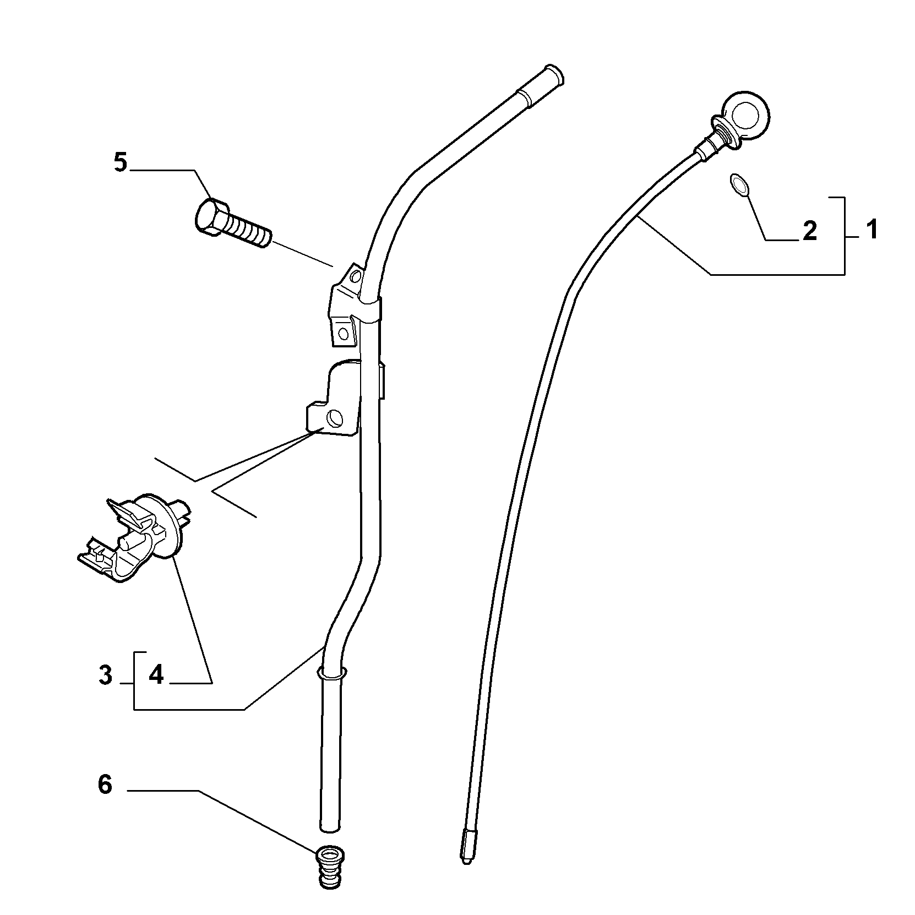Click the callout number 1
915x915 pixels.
872,230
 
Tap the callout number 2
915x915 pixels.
810,232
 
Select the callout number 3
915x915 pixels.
106,675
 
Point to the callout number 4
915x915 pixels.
156,675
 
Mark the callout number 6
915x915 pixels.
105,785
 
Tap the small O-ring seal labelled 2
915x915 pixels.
739,184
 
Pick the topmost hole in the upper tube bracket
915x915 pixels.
355,275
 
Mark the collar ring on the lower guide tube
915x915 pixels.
331,673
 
